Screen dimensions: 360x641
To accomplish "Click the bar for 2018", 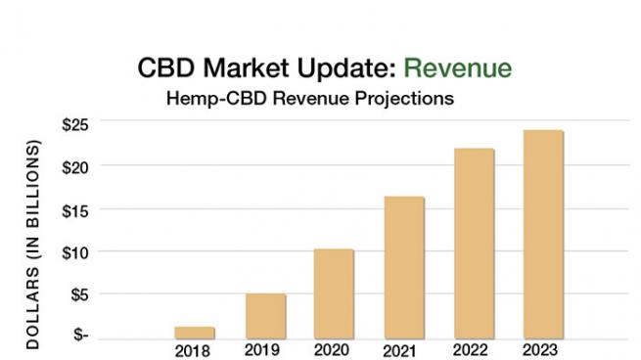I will tap(194, 332).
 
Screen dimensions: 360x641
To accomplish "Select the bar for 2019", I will tap(265, 315).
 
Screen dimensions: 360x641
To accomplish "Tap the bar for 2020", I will tap(334, 292).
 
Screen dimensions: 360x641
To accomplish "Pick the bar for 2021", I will tap(403, 266).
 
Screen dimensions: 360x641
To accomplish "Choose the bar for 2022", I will tap(474, 243).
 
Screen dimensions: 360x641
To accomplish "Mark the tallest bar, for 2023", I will tap(543, 234).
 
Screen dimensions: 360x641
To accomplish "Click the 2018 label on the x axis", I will tap(194, 349).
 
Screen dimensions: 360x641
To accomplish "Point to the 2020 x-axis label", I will tap(334, 349).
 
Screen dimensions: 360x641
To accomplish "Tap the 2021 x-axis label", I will tap(403, 349).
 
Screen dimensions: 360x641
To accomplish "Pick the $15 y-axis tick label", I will tap(75, 208).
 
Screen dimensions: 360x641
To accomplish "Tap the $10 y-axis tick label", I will tap(75, 251).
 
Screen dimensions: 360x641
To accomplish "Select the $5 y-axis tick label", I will tap(78, 293).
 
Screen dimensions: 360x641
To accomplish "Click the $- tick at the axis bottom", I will tap(80, 336).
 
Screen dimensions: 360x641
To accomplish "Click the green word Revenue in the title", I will tap(457, 68).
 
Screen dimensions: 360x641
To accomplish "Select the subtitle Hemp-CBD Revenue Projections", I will tap(310, 99).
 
